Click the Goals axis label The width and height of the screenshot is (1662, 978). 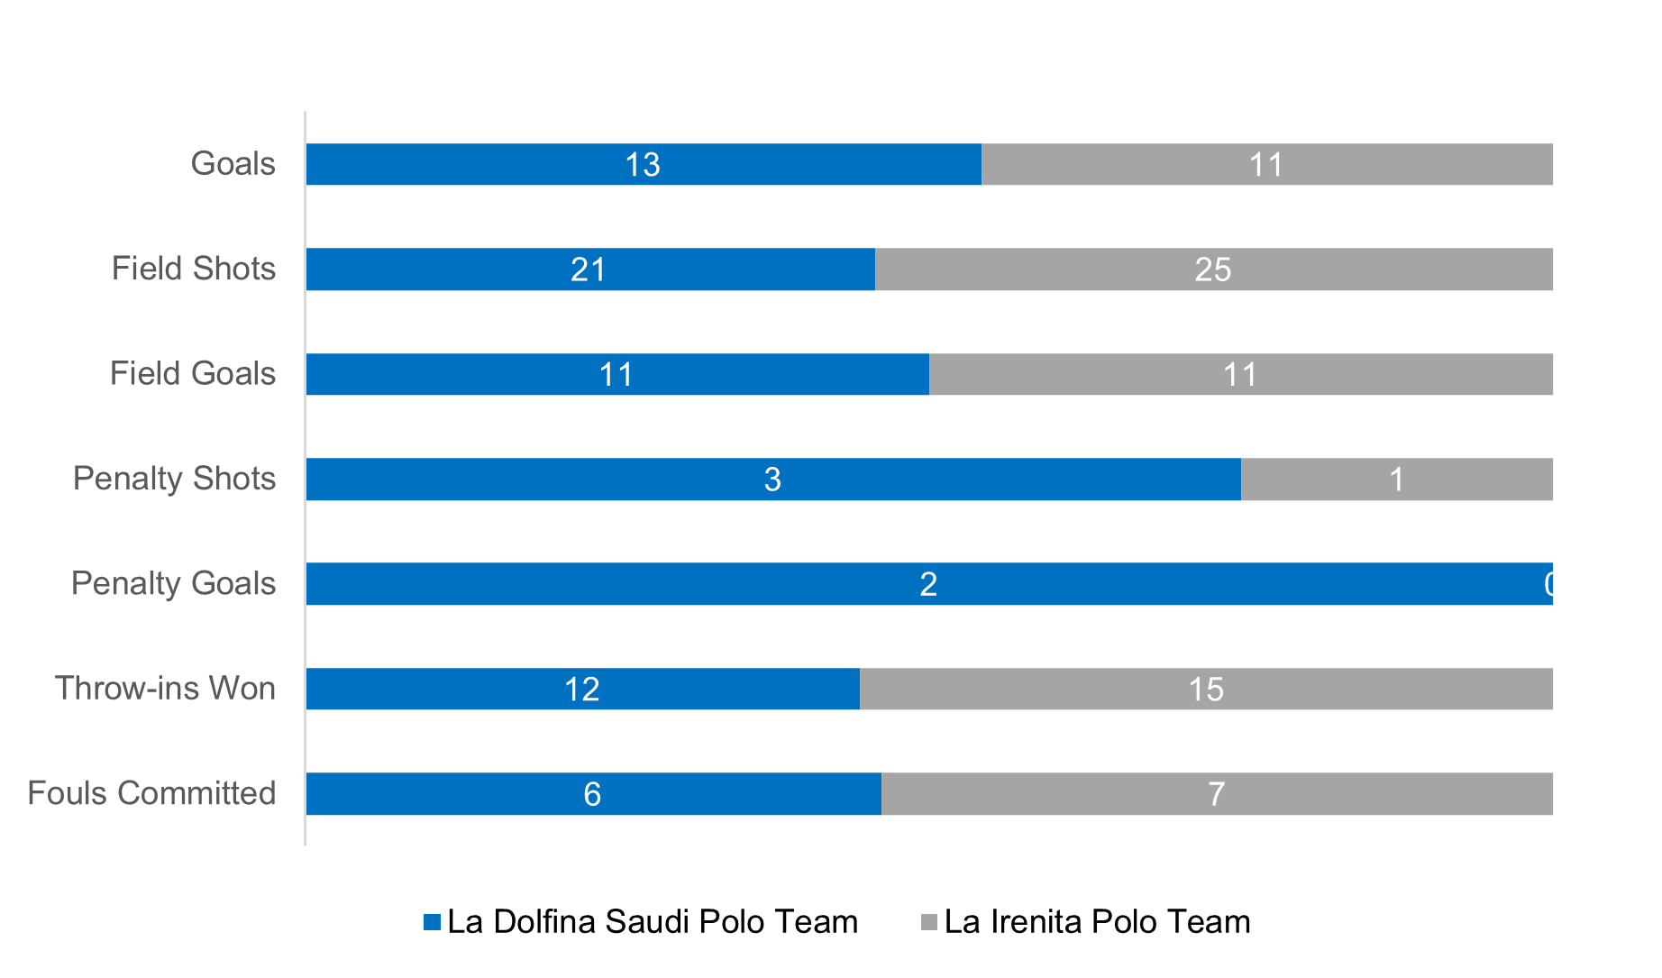(233, 164)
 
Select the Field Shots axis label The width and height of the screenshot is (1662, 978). (194, 269)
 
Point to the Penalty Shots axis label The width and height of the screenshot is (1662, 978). (175, 479)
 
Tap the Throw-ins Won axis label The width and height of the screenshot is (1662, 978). (166, 689)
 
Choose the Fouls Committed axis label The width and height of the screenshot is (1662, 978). (151, 793)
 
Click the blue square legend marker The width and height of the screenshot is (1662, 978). (433, 922)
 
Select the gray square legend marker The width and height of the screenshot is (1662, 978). (929, 922)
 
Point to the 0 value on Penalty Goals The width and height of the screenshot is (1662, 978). (1552, 585)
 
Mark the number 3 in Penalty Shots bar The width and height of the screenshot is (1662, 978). (772, 480)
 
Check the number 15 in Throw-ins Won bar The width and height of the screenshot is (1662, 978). (1206, 690)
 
